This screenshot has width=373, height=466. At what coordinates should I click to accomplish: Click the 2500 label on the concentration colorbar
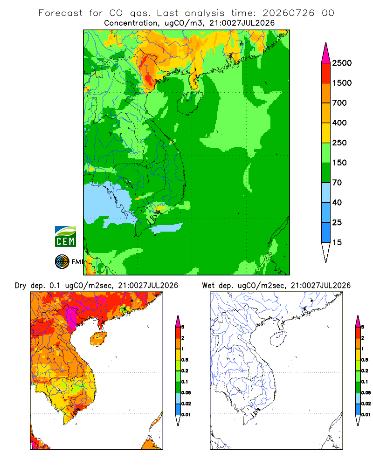click(342, 63)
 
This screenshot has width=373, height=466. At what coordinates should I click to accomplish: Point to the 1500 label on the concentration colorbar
click(342, 83)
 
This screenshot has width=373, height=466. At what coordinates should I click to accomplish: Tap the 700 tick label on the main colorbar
click(339, 103)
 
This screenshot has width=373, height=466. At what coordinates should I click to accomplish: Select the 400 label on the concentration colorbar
click(339, 123)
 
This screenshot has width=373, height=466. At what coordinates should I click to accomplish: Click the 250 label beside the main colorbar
click(339, 143)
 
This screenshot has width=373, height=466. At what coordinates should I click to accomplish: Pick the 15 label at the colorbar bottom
click(337, 242)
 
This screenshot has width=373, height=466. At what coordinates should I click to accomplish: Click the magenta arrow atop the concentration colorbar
click(326, 53)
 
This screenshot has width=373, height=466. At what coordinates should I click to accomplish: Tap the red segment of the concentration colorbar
click(326, 73)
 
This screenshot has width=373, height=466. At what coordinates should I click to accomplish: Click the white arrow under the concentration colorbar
click(326, 252)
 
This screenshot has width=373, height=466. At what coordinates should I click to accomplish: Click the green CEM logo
click(65, 237)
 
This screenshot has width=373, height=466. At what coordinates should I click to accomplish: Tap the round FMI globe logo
click(62, 262)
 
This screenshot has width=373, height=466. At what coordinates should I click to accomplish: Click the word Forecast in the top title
click(61, 13)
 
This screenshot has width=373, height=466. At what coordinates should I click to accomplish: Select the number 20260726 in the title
click(288, 13)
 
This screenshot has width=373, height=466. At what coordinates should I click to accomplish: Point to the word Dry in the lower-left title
click(21, 286)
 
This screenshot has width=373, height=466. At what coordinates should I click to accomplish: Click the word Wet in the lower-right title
click(208, 286)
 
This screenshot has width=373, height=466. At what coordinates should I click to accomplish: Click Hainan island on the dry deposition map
click(99, 339)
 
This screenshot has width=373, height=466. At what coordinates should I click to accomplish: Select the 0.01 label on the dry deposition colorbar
click(186, 415)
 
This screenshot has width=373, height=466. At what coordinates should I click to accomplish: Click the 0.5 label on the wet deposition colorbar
click(365, 360)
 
